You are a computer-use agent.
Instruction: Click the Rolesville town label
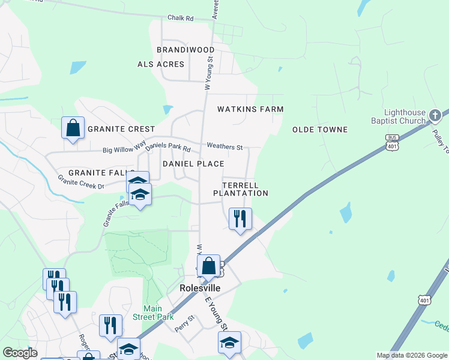(x=200, y=288)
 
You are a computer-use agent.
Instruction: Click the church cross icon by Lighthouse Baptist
(x=436, y=114)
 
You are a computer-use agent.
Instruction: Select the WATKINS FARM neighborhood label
(x=250, y=109)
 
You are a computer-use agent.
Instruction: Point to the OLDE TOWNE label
(x=320, y=130)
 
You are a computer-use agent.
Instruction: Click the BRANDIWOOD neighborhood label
(x=185, y=49)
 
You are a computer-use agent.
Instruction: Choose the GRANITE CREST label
(x=121, y=129)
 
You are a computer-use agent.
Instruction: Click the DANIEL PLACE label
(x=193, y=164)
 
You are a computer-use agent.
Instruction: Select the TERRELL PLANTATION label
(x=241, y=189)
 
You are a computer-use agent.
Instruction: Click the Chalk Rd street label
(x=181, y=19)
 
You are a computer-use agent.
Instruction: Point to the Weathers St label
(x=224, y=146)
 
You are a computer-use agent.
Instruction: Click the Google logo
(x=20, y=353)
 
